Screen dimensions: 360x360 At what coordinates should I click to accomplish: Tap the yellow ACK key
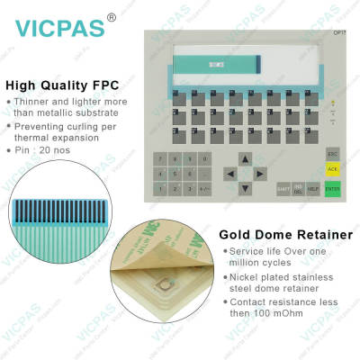(x=332, y=169)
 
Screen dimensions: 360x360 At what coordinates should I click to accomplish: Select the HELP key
(x=314, y=189)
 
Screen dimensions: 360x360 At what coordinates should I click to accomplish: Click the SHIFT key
(x=283, y=189)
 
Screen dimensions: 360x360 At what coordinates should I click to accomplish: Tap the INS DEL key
(x=299, y=189)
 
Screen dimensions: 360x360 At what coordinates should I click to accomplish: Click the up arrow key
(x=245, y=158)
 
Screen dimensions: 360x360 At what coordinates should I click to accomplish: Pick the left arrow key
(x=229, y=174)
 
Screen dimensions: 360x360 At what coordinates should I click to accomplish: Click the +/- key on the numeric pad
(x=206, y=189)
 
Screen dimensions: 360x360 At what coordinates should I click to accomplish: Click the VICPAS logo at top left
(x=49, y=27)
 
